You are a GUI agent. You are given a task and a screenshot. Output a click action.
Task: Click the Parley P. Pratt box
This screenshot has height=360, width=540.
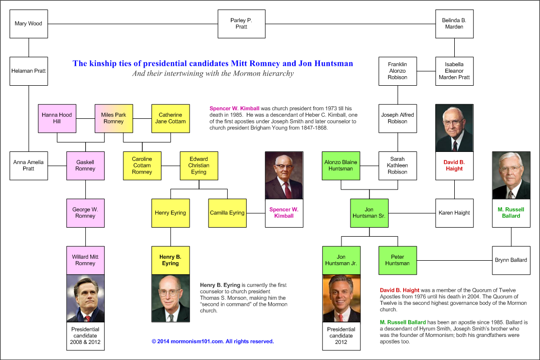(x=241, y=24)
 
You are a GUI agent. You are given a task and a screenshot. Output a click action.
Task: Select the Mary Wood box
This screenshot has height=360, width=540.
(x=29, y=24)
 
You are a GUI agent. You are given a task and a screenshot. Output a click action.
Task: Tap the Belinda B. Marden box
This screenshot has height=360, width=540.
(x=454, y=24)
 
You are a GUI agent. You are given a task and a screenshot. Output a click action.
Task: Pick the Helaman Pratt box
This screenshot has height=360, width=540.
(x=29, y=71)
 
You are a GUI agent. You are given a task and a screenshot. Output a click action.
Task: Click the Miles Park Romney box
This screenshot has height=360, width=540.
(x=113, y=118)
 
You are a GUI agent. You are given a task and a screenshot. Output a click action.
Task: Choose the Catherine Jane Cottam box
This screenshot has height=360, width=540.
(x=170, y=118)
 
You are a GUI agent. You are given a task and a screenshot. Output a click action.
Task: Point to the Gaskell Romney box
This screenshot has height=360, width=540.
(x=85, y=166)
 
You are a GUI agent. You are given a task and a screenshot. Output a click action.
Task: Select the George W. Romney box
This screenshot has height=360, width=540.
(x=85, y=213)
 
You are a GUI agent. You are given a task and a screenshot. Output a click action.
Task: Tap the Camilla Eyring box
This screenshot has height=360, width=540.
(x=227, y=213)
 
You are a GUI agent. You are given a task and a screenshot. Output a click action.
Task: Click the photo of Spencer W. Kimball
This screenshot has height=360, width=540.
(x=284, y=175)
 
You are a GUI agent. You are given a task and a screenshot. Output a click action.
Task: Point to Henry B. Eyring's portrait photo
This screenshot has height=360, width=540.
(x=170, y=298)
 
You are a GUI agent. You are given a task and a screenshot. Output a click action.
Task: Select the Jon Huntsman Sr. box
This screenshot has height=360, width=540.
(x=369, y=213)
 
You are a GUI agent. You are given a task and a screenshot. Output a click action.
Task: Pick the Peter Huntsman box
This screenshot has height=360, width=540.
(x=397, y=260)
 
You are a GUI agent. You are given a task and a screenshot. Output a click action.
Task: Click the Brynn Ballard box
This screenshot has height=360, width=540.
(x=511, y=260)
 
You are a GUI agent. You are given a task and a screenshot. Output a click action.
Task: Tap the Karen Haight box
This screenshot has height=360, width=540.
(x=454, y=213)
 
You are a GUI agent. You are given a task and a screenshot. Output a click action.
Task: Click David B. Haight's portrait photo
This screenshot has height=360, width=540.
(x=454, y=128)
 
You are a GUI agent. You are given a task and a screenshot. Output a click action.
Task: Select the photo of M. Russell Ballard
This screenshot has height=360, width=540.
(x=511, y=175)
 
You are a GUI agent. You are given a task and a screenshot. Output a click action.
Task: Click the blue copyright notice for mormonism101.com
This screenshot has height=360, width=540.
(x=213, y=341)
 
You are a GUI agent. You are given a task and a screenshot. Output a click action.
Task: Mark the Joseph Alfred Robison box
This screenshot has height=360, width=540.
(x=397, y=118)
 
